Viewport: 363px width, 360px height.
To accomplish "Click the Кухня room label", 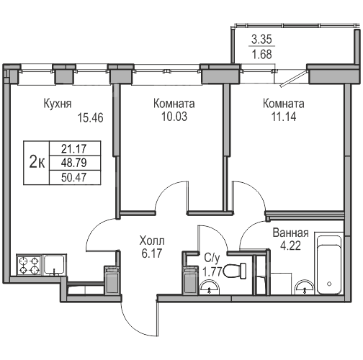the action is [58, 104].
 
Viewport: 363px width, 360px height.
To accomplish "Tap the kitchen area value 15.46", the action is [90, 118].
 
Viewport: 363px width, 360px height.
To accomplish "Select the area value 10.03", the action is [174, 117].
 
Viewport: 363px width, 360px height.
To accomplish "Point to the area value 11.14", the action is [284, 117].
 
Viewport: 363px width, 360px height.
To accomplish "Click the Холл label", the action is [152, 240].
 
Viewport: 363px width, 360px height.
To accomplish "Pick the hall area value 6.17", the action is [152, 253].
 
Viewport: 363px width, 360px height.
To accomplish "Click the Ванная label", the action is [290, 233].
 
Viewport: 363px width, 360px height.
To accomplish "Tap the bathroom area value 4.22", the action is [290, 246].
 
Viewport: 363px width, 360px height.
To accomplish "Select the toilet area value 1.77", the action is [212, 272].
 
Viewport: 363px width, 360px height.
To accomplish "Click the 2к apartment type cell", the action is [37, 163].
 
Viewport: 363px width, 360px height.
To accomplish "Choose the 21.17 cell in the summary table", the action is [73, 149].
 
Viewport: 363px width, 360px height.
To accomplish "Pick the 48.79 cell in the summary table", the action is [73, 163].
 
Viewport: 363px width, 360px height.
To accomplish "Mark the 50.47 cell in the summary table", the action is [73, 178].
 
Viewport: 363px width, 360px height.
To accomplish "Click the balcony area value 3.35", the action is [261, 40].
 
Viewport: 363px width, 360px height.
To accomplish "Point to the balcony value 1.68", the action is [261, 54].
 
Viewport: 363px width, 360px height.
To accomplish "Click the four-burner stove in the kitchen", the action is [29, 265].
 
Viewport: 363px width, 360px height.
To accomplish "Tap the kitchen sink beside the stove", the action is [55, 265].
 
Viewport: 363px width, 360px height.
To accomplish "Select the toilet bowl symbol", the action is [235, 271].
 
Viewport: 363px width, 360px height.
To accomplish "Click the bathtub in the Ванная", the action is [329, 264].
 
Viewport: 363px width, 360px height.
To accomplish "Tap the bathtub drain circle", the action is [329, 284].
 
